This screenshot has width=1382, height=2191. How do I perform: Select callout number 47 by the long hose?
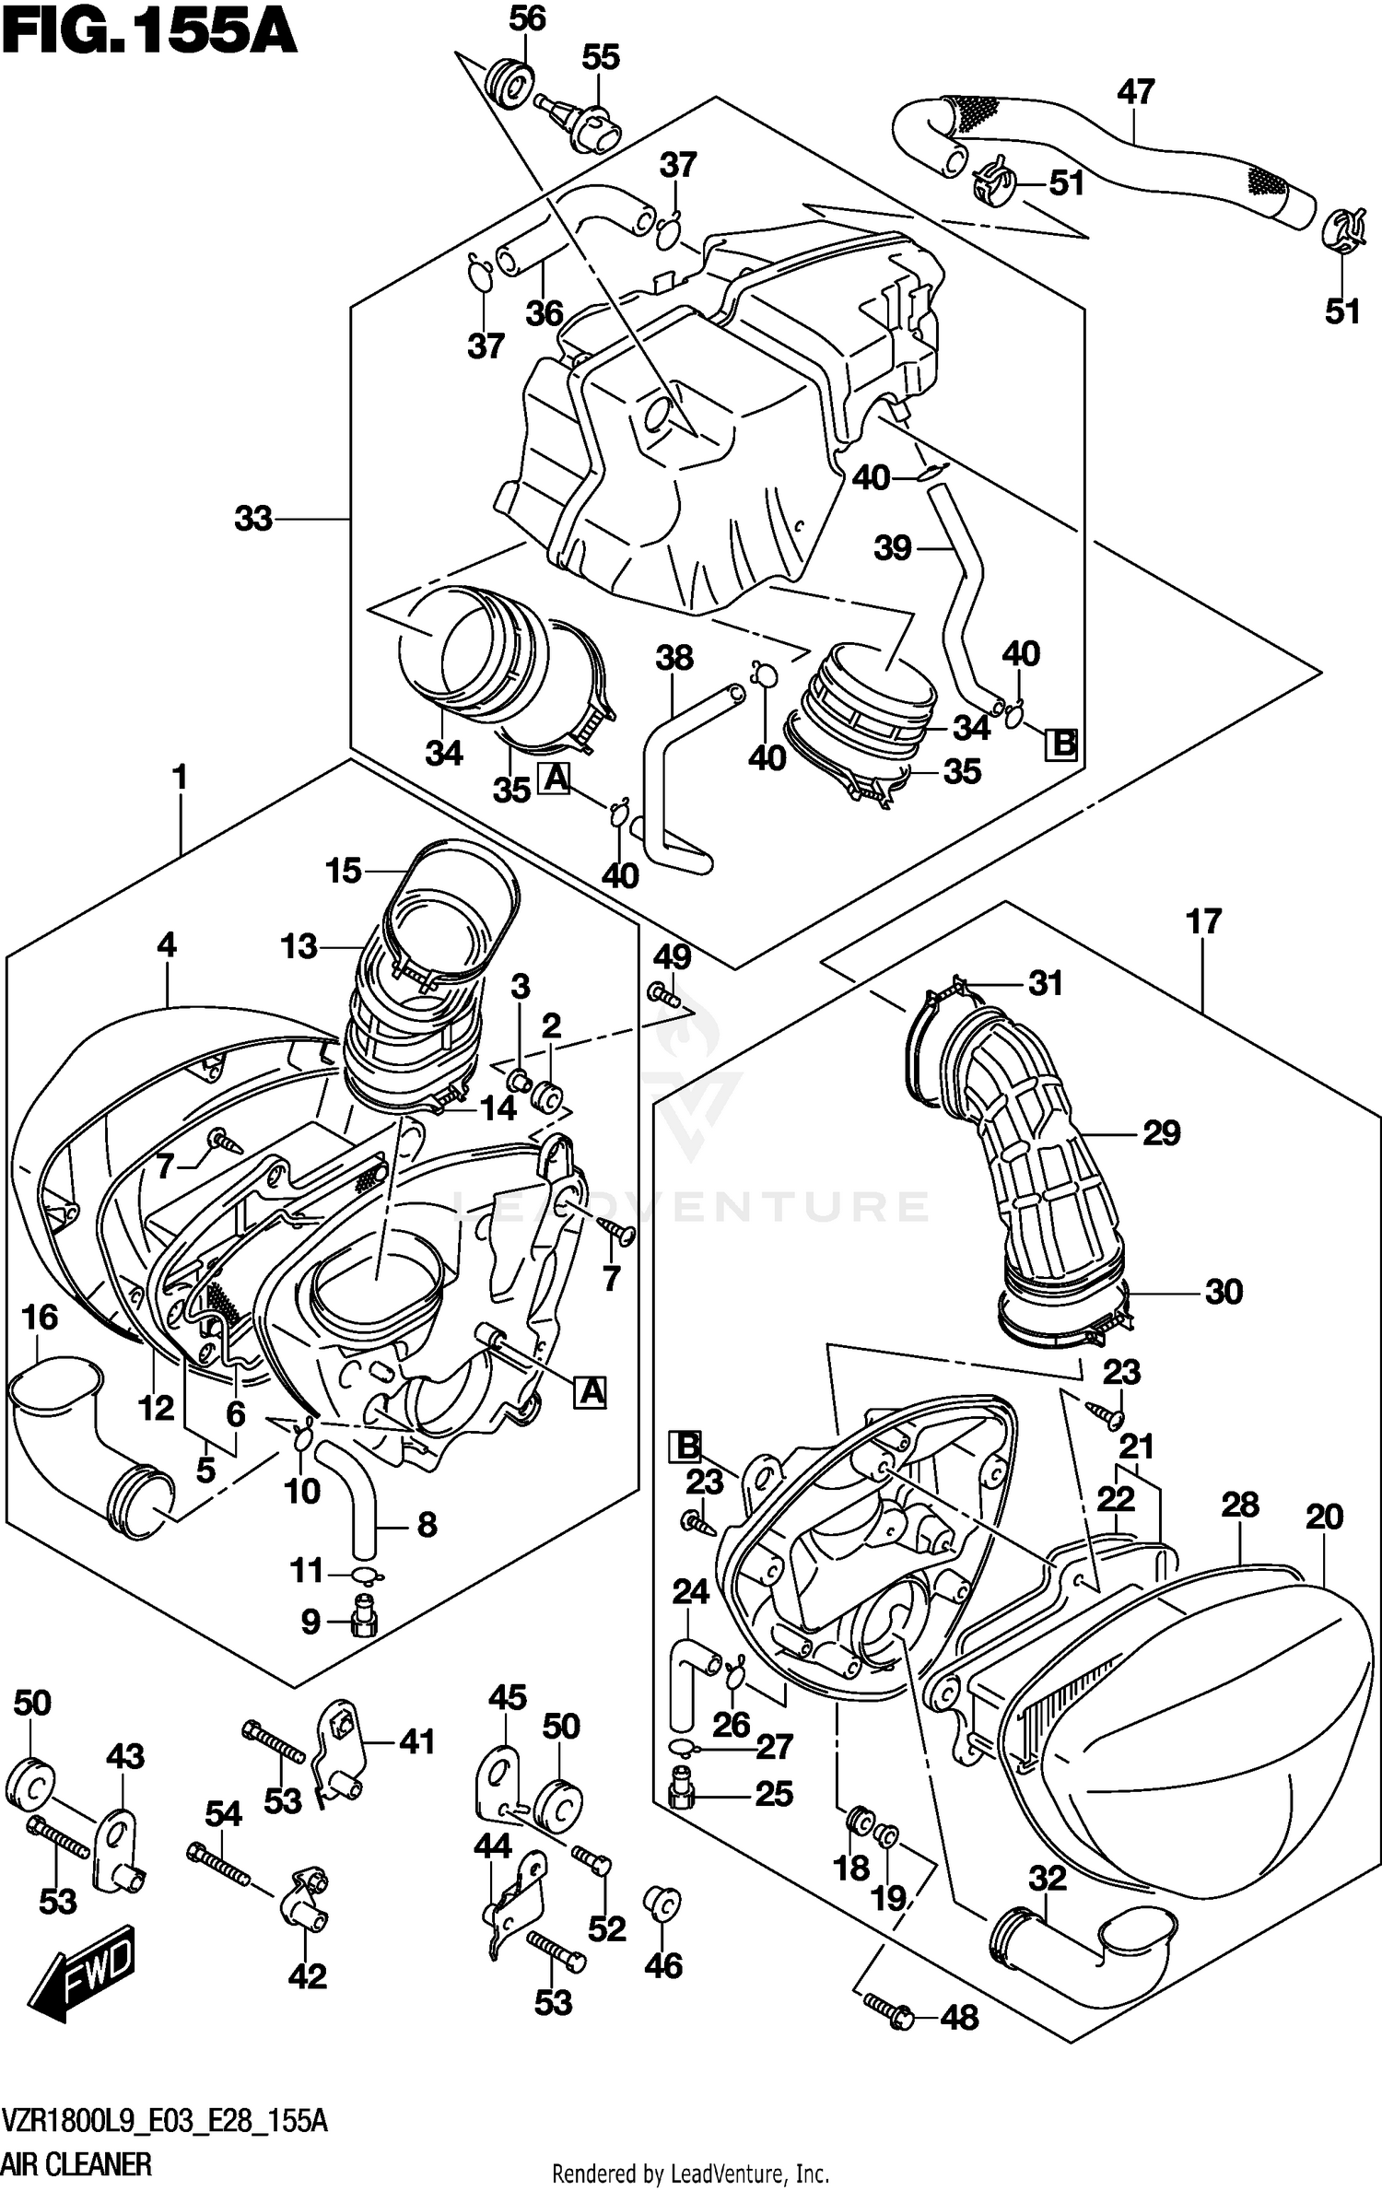[x=1135, y=92]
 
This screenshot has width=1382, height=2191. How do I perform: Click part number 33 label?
[x=253, y=520]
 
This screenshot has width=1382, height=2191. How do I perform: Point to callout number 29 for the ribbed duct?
[x=1161, y=1133]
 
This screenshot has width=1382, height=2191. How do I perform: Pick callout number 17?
[x=1204, y=921]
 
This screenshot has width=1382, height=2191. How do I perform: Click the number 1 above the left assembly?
[x=180, y=779]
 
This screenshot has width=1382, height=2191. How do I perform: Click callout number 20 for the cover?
[x=1324, y=1517]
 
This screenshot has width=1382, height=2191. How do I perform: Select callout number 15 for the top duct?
[x=343, y=871]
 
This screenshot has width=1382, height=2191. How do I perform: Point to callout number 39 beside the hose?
[x=892, y=549]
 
